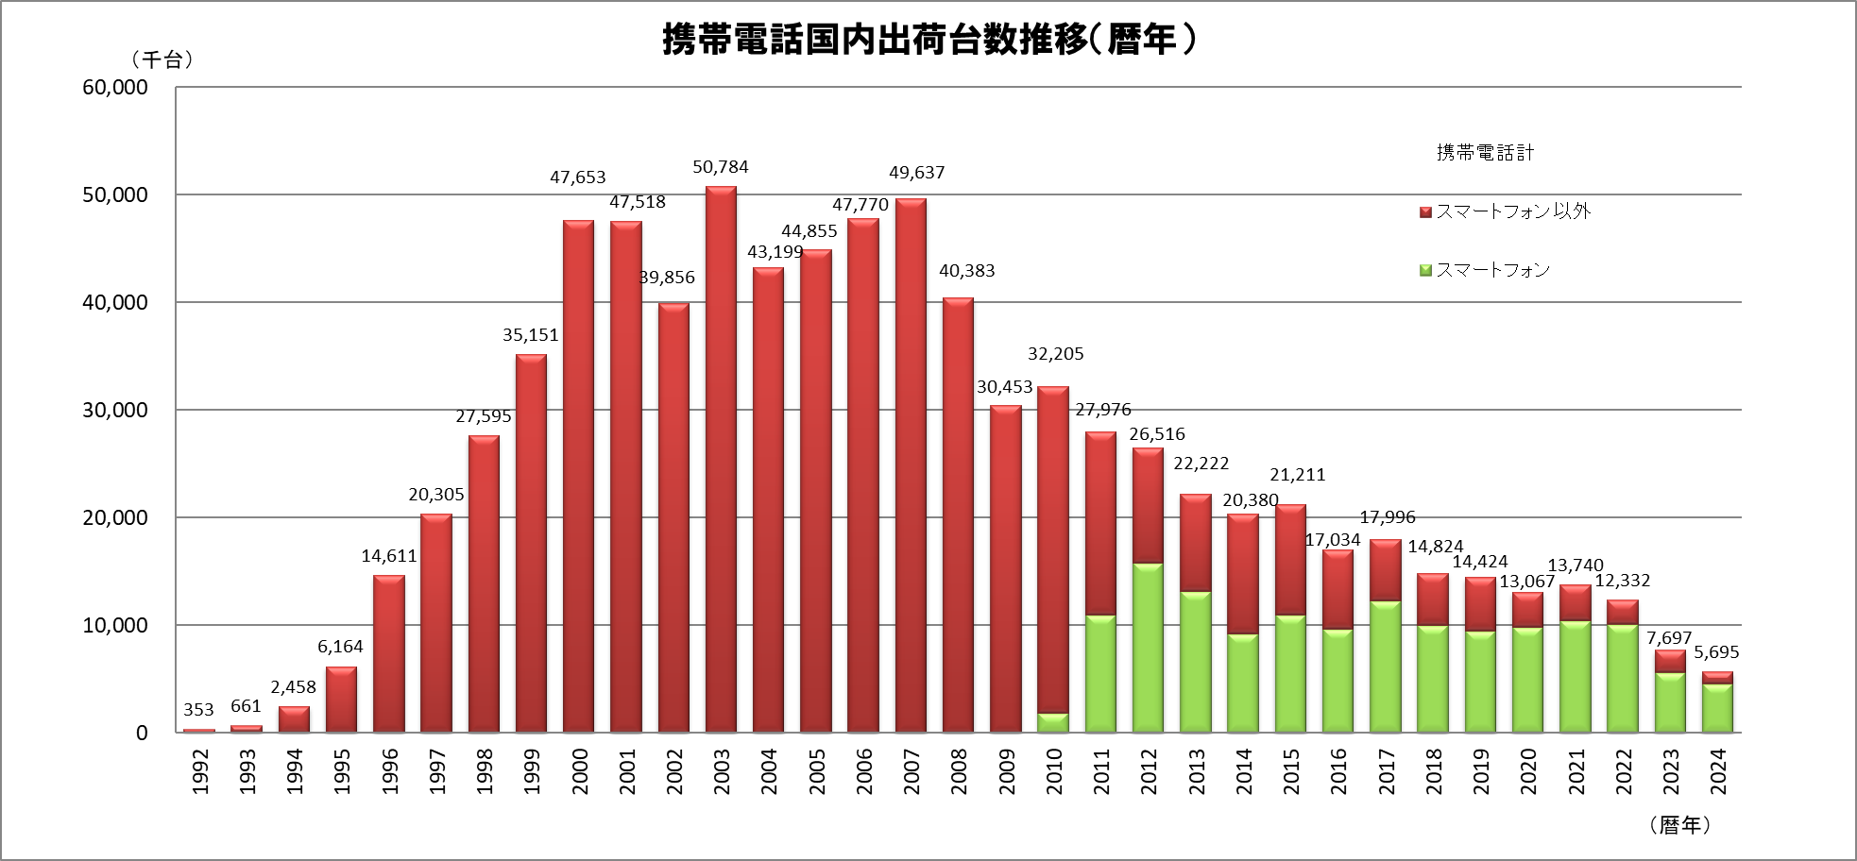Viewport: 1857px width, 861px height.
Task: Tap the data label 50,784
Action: tap(721, 167)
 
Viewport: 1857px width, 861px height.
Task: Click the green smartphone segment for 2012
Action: tap(1148, 648)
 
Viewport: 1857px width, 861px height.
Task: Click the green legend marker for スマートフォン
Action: tap(1425, 271)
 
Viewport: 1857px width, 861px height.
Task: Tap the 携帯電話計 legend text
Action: tap(1485, 153)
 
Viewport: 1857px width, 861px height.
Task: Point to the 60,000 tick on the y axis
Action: tap(115, 87)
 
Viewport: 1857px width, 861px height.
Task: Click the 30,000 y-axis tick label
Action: tap(115, 410)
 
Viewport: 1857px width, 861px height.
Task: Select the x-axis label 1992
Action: tap(200, 771)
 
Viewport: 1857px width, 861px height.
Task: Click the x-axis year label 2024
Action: tap(1718, 771)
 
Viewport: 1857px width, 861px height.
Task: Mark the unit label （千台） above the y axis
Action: tap(162, 59)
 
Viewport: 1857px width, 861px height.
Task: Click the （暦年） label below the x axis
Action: tap(1680, 825)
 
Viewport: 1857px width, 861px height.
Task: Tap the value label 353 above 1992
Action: tap(198, 709)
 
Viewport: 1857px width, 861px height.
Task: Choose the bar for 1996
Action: tap(389, 653)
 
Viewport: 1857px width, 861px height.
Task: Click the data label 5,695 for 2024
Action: tap(1716, 652)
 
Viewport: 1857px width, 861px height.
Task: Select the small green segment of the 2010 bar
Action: tap(1053, 722)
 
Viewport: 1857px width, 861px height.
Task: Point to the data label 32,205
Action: tap(1055, 354)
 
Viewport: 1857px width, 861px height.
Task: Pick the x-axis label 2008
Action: tap(959, 771)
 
